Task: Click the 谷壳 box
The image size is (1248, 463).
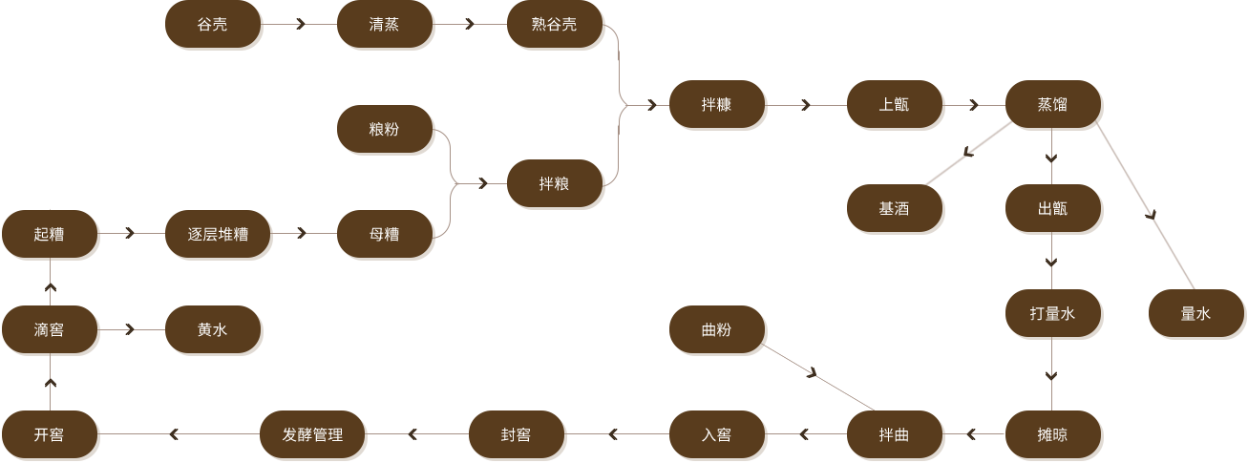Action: click(x=213, y=25)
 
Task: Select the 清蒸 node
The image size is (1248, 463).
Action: click(x=385, y=25)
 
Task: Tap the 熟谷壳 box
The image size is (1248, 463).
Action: click(x=555, y=25)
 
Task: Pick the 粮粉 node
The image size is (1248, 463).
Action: click(x=385, y=129)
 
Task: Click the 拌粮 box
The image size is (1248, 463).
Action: click(x=555, y=183)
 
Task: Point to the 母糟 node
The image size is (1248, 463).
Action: click(x=385, y=234)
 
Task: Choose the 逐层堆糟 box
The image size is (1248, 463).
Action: click(x=218, y=234)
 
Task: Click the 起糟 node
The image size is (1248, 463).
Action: click(x=50, y=234)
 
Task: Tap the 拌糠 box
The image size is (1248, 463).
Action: click(x=717, y=105)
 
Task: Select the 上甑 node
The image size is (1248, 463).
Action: click(x=895, y=105)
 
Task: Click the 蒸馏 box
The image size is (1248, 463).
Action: click(x=1053, y=105)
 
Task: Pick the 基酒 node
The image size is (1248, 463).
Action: click(x=895, y=208)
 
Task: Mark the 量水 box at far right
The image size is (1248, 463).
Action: click(x=1196, y=313)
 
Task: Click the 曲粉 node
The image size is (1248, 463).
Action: click(x=717, y=330)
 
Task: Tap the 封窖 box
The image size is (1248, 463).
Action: click(x=517, y=434)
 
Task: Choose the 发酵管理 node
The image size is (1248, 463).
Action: click(x=312, y=434)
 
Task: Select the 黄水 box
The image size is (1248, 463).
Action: click(x=213, y=330)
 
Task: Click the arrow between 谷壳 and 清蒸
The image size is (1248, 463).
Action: click(x=301, y=25)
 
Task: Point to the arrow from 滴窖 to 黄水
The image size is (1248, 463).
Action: click(x=130, y=330)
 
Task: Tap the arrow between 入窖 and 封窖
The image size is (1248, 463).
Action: click(x=613, y=435)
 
